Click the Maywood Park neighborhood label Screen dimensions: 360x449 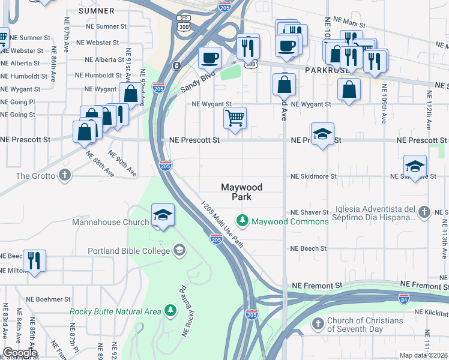click(243, 191)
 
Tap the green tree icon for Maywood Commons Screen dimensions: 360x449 click(243, 221)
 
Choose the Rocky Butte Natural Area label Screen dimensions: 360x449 click(115, 311)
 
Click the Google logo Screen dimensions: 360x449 click(19, 353)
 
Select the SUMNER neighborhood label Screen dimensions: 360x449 click(95, 11)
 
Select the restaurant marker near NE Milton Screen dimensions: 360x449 click(34, 260)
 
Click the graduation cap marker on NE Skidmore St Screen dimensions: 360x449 click(415, 166)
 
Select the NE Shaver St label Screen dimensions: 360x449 click(309, 212)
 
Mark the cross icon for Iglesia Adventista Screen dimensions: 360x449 click(424, 212)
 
